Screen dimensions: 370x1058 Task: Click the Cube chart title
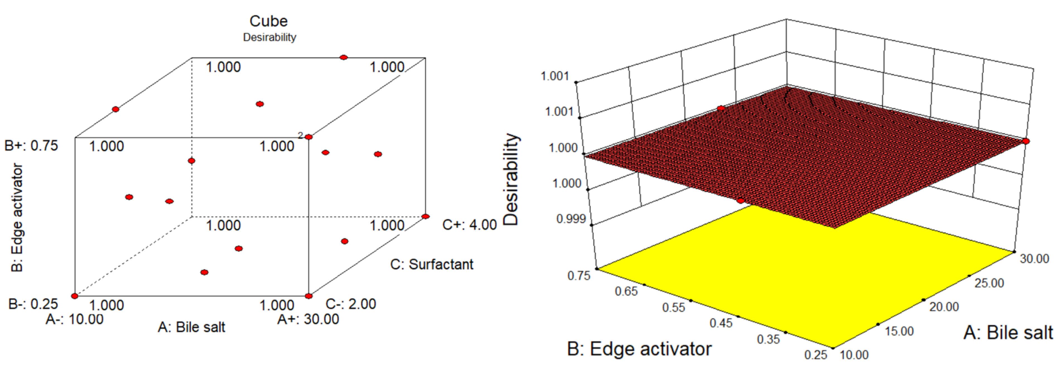[x=269, y=21]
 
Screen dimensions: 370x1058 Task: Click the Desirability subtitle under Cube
[x=269, y=37]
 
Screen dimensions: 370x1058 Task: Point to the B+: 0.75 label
[x=31, y=146]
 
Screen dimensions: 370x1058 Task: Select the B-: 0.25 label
[x=33, y=304]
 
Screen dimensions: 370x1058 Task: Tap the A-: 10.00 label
[x=74, y=319]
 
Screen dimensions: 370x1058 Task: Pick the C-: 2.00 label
[x=351, y=304]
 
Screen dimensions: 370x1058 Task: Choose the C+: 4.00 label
[x=469, y=225]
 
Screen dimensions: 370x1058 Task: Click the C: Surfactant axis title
[x=432, y=264]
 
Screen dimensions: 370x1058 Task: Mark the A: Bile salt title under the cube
[x=191, y=327]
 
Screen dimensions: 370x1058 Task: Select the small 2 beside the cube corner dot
[x=301, y=135]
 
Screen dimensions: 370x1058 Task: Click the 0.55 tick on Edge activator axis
[x=674, y=308]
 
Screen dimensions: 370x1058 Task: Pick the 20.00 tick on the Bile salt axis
[x=944, y=307]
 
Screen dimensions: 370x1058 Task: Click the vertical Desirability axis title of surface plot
[x=511, y=180]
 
